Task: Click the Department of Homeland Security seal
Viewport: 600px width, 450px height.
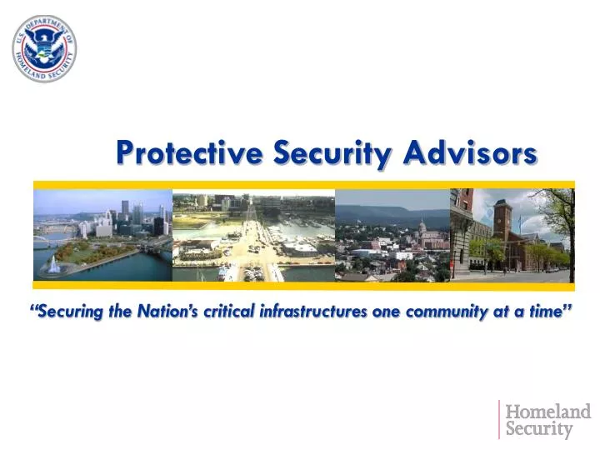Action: pos(44,47)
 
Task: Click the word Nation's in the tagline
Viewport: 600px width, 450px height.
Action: pos(159,312)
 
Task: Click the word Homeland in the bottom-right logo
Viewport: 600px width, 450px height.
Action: pos(548,412)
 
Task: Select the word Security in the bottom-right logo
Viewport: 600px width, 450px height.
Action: pos(539,430)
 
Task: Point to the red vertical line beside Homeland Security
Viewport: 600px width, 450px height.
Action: pos(500,420)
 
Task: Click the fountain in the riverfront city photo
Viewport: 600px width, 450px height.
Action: pos(55,264)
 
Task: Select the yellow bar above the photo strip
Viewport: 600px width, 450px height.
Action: pos(303,184)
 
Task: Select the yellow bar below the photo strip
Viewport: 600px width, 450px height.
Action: pos(303,286)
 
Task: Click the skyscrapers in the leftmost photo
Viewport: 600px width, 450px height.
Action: pos(133,215)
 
